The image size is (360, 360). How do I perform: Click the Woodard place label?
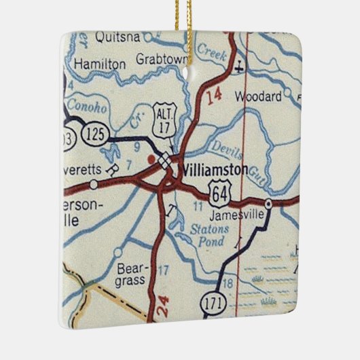point(258,97)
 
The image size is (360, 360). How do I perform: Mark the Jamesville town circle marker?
point(268,203)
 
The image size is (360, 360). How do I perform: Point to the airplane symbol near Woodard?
point(238,68)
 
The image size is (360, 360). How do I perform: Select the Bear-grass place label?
point(130,272)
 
